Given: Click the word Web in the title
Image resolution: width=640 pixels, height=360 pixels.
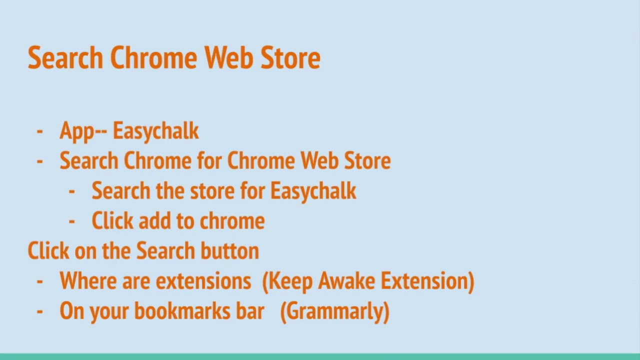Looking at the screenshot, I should click(229, 58).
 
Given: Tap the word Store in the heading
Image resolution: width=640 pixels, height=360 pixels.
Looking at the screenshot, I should click(290, 58).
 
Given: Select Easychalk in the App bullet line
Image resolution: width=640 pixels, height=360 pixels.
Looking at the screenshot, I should click(155, 131).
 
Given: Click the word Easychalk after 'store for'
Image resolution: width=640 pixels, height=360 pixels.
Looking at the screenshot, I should click(313, 191).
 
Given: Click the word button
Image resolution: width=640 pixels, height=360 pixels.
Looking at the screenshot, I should click(229, 251).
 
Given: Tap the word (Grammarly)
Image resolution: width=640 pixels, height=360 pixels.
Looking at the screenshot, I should click(334, 311).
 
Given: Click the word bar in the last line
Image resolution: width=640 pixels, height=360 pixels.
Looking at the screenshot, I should click(250, 311).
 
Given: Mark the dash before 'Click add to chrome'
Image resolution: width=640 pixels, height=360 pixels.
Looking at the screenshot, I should click(72, 221).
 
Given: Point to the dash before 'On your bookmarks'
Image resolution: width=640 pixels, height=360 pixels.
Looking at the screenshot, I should click(40, 311).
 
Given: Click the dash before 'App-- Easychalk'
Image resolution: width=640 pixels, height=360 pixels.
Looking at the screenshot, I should click(40, 131).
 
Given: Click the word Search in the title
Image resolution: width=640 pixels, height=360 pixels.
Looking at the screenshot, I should click(65, 58).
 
